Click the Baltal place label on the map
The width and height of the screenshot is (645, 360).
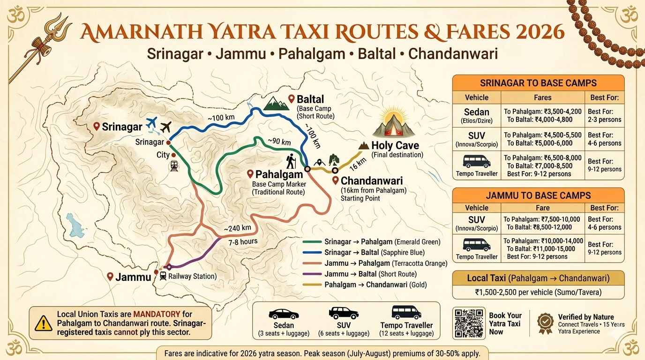pos(310,99)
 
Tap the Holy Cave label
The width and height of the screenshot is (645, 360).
pos(395,145)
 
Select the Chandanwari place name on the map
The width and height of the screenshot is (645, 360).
pos(372,181)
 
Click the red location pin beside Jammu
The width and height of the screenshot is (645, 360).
pos(110,276)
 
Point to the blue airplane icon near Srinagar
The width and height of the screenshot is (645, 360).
pos(151,123)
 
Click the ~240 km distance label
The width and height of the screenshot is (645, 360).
pos(237,228)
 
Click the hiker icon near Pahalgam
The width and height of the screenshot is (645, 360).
pos(290,162)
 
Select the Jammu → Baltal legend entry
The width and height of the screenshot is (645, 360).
pos(370,274)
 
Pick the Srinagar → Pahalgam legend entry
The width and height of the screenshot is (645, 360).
pos(382,242)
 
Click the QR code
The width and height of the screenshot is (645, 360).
pos(469,323)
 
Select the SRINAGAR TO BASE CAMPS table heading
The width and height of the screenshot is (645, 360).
pos(538,83)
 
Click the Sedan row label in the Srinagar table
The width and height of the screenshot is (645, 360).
pos(476,115)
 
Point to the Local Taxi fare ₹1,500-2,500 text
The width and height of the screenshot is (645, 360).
pos(538,292)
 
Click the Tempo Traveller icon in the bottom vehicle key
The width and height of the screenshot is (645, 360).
pos(406,313)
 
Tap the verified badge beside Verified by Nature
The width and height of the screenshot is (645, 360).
pos(545,323)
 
